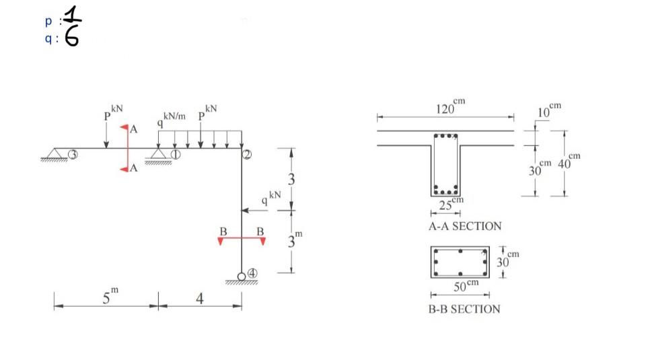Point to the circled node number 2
click(x=247, y=155)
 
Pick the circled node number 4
click(x=252, y=273)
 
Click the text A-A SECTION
click(x=465, y=226)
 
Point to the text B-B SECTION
click(x=464, y=309)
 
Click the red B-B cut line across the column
click(x=242, y=238)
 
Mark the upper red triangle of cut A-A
click(x=124, y=127)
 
